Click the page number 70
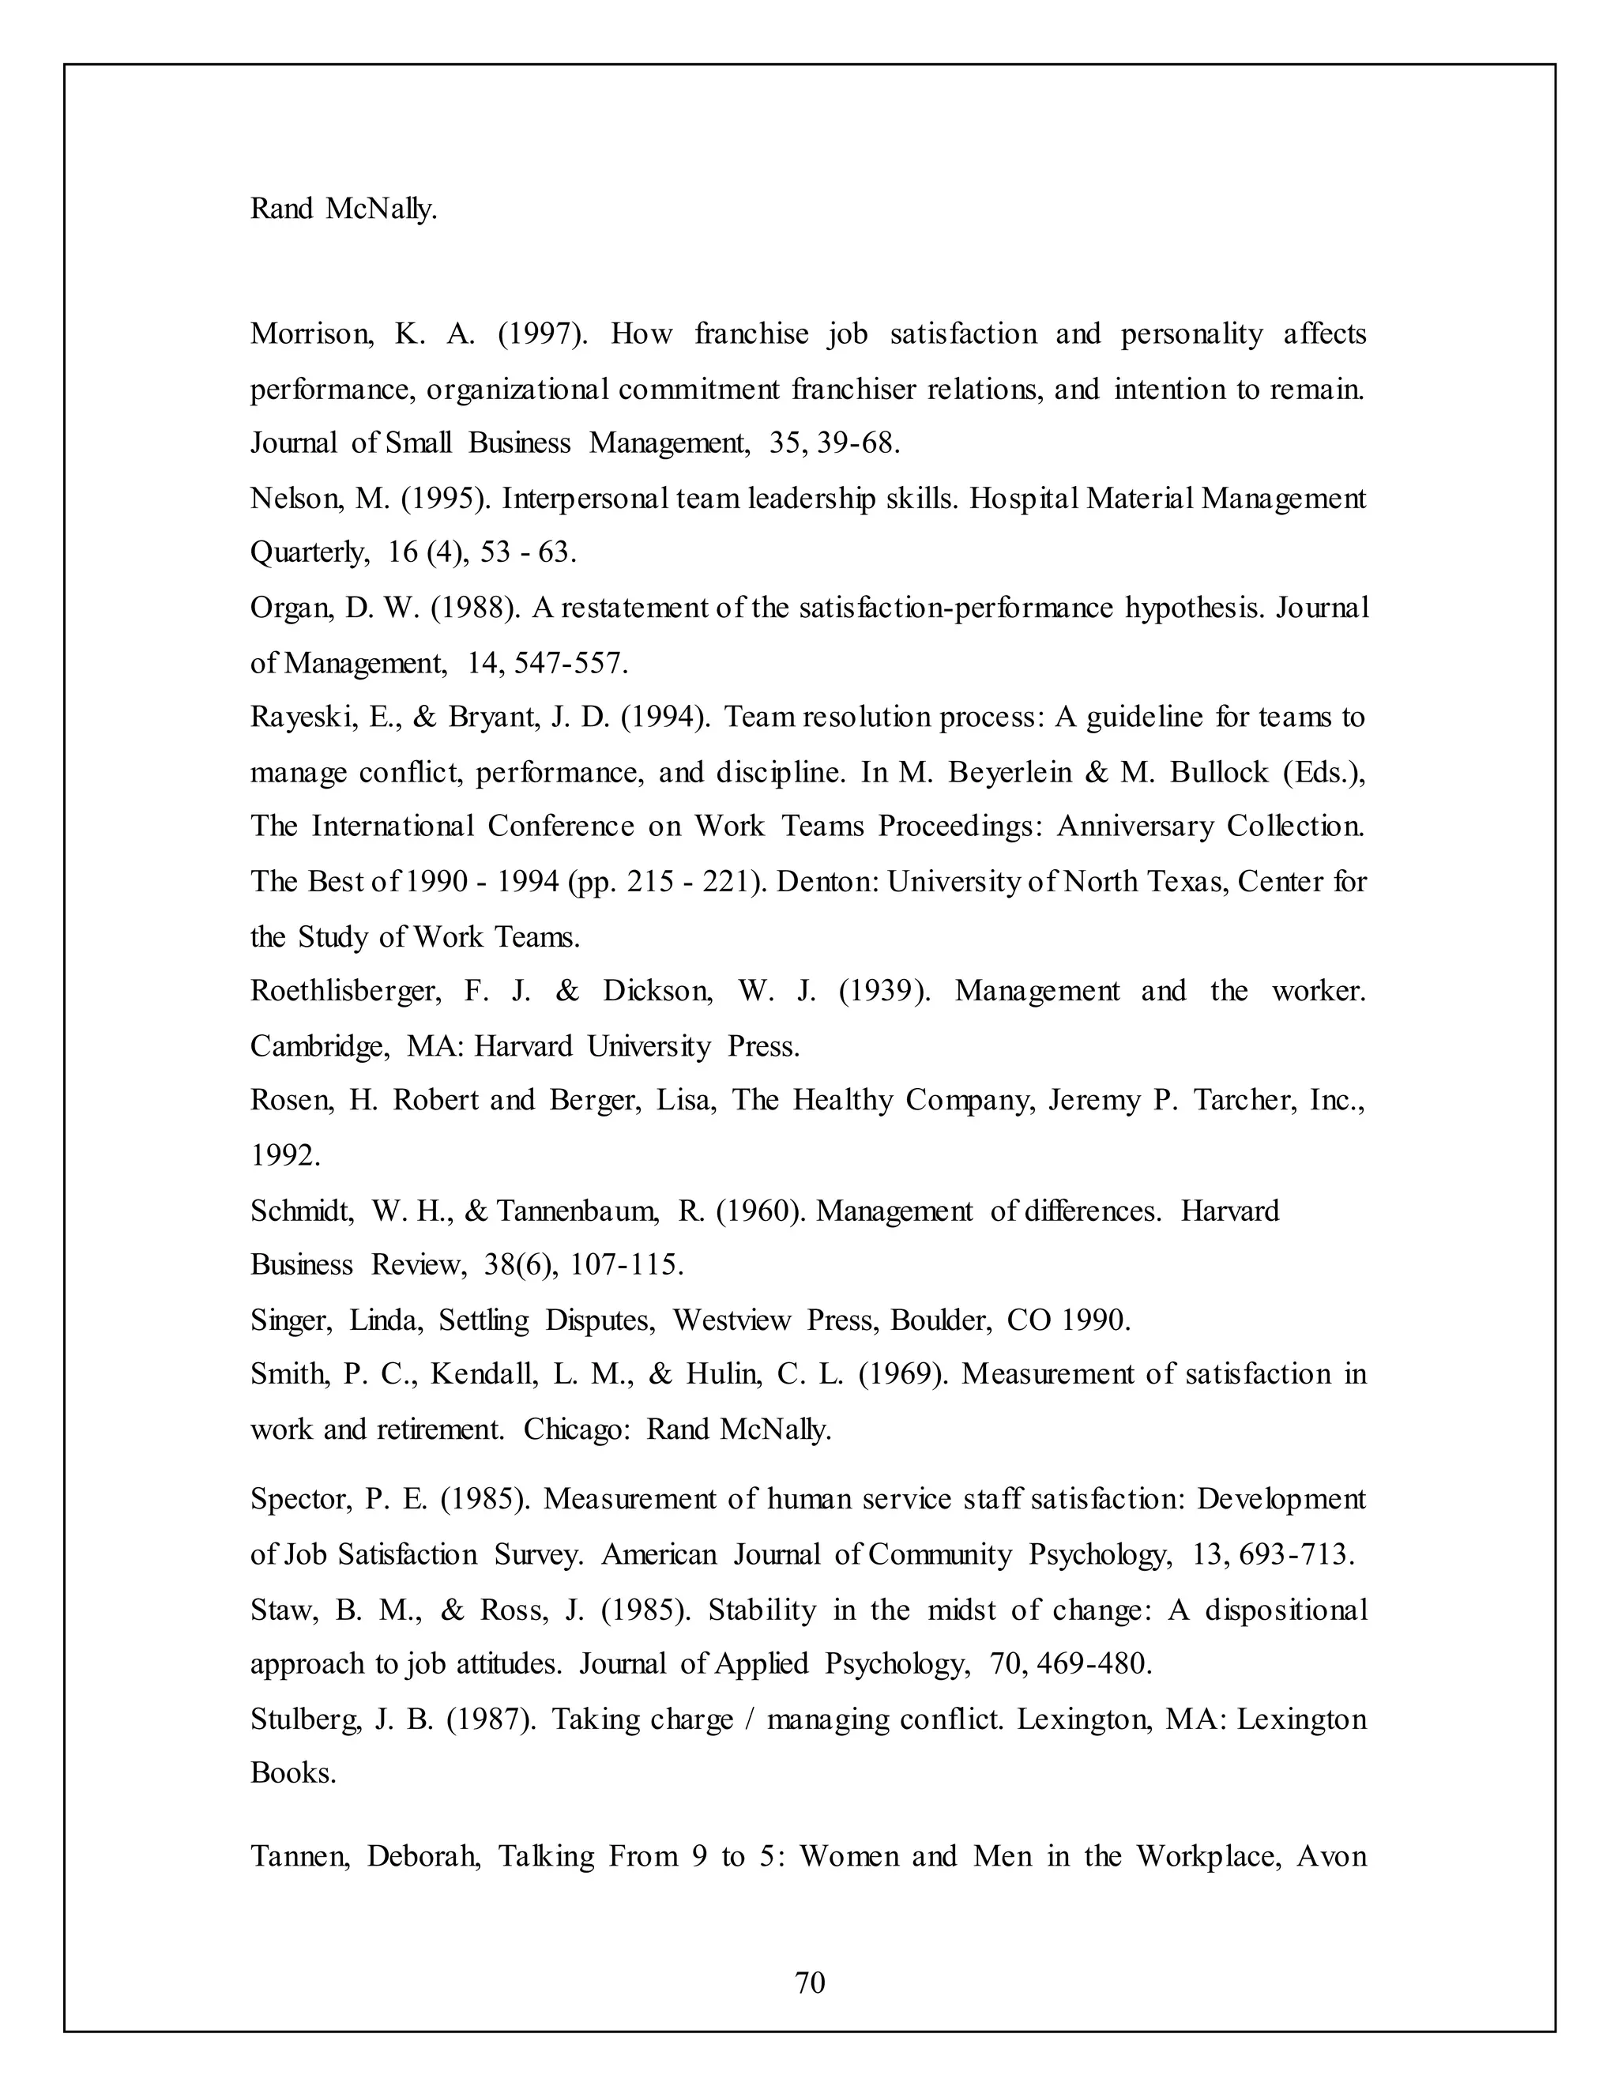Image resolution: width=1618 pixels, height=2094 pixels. pos(810,1982)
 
